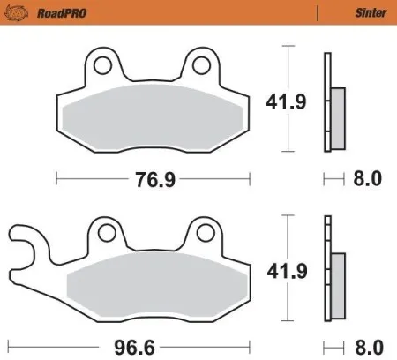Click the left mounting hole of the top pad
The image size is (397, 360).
[x=104, y=65]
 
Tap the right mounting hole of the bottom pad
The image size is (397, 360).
[x=205, y=233]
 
